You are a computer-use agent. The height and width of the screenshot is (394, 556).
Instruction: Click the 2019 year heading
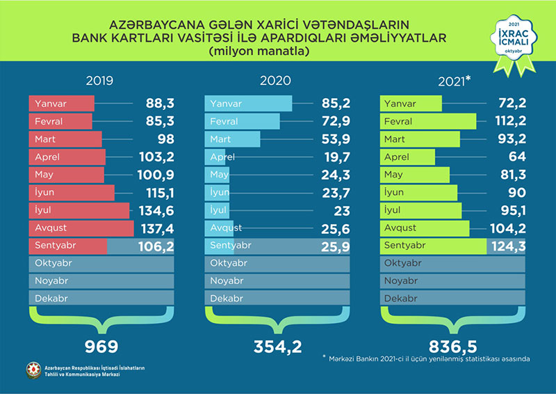click(100, 81)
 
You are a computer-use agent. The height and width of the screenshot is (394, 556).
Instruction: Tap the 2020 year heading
click(275, 81)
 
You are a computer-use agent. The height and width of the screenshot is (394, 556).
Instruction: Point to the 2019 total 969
click(102, 345)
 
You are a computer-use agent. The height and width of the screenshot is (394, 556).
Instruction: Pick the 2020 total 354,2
click(275, 345)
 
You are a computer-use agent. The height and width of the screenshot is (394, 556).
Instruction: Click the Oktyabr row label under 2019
click(53, 263)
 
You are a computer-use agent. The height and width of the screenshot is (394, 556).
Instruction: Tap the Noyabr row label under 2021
click(402, 281)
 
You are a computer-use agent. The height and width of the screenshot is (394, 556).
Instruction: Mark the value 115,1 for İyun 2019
click(158, 192)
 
